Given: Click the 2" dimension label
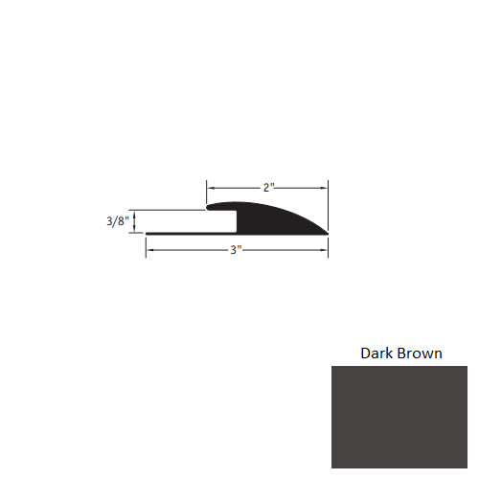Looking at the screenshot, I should click(x=269, y=188).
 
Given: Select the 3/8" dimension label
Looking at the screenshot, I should click(x=118, y=221).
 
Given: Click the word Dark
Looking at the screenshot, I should click(x=376, y=353).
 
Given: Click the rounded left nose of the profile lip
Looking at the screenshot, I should click(x=208, y=206).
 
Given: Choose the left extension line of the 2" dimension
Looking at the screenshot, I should click(x=207, y=191).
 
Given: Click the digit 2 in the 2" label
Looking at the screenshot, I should click(x=266, y=188).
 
